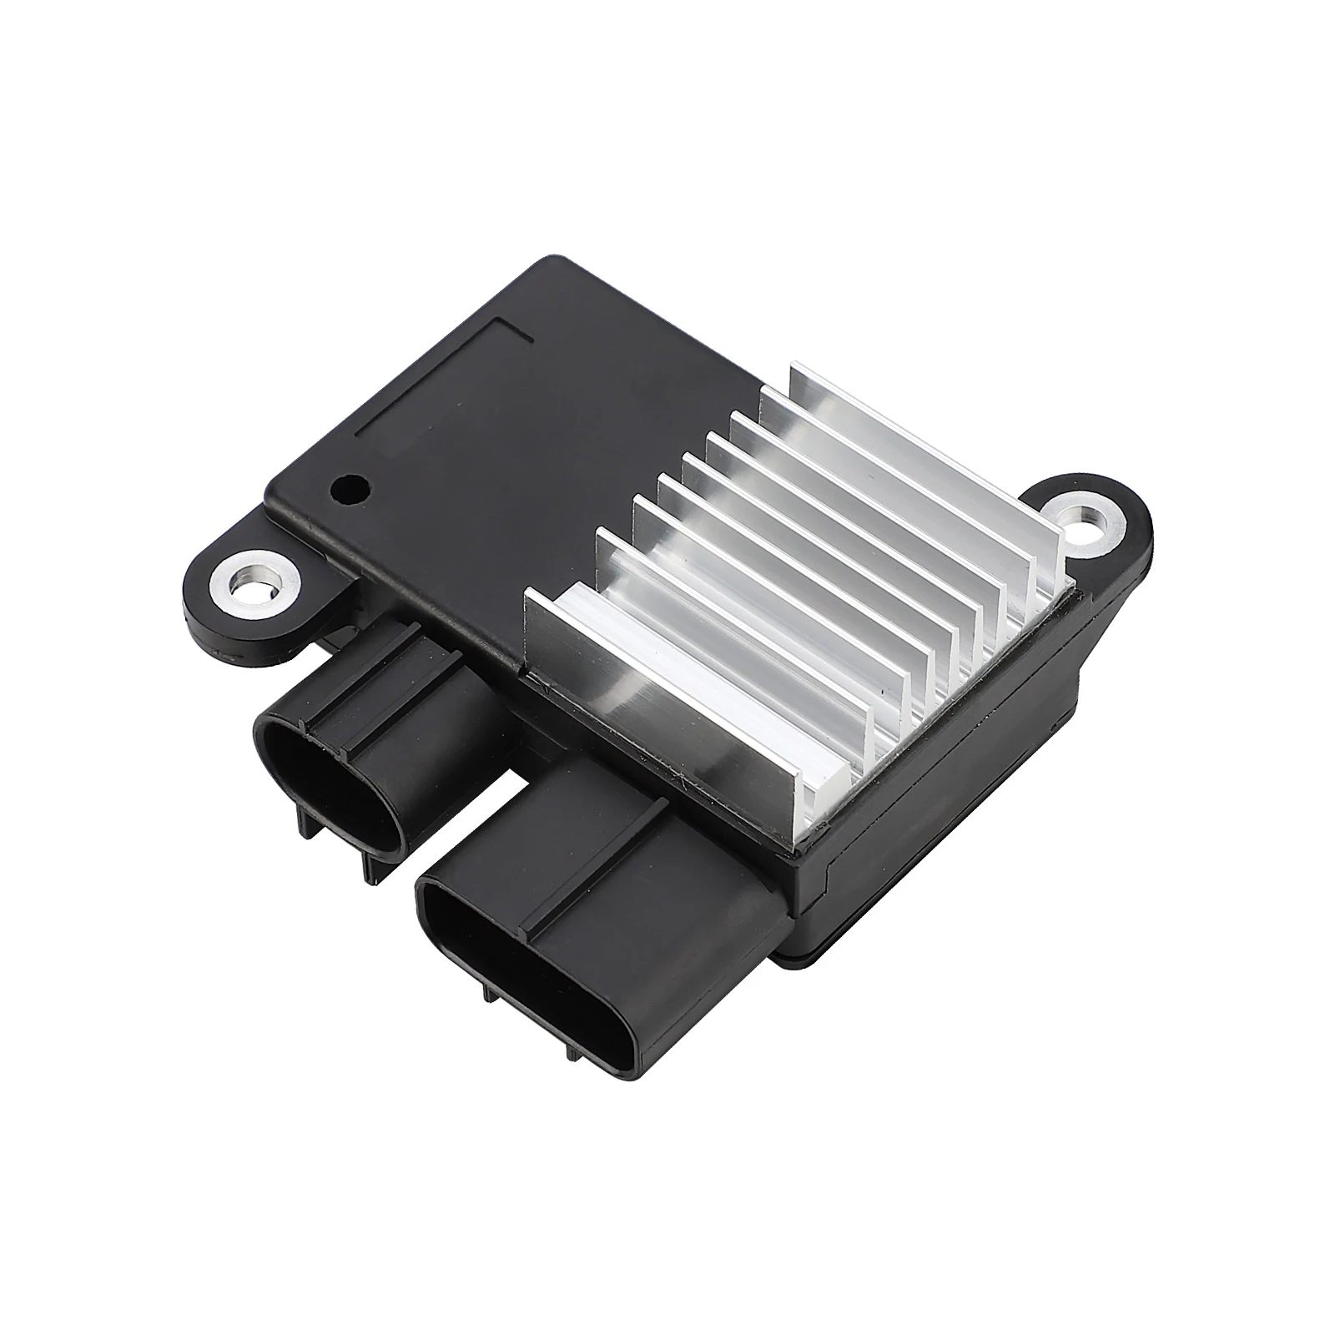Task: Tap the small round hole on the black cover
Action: coord(348,490)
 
